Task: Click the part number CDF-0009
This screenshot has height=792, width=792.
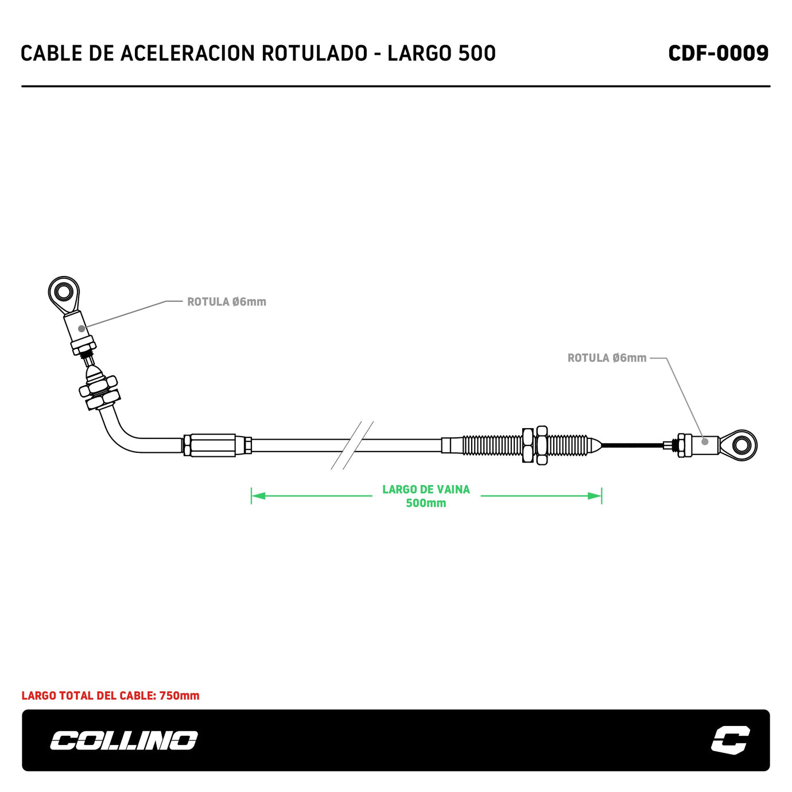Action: click(718, 53)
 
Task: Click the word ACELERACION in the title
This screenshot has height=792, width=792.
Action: click(187, 53)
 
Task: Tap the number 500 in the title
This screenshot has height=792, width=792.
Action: click(477, 53)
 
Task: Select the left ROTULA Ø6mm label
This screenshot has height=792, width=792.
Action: click(227, 302)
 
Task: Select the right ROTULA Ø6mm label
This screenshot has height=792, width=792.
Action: click(607, 358)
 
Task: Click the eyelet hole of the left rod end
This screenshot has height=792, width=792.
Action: click(64, 293)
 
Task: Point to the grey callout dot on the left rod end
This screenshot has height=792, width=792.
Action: click(81, 328)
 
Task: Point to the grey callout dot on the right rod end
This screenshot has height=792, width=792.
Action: click(705, 441)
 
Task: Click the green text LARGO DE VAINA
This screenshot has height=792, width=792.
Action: click(426, 490)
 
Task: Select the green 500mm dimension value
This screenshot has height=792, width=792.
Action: click(426, 503)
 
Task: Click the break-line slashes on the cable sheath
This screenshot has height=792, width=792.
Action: click(352, 445)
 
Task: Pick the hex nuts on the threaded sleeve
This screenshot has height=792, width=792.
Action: click(535, 445)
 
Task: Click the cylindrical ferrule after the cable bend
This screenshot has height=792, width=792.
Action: click(212, 445)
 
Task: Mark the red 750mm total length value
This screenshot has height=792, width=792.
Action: click(179, 696)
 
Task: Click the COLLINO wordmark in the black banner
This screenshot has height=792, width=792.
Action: click(123, 740)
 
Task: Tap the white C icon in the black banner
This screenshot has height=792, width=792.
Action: click(730, 740)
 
